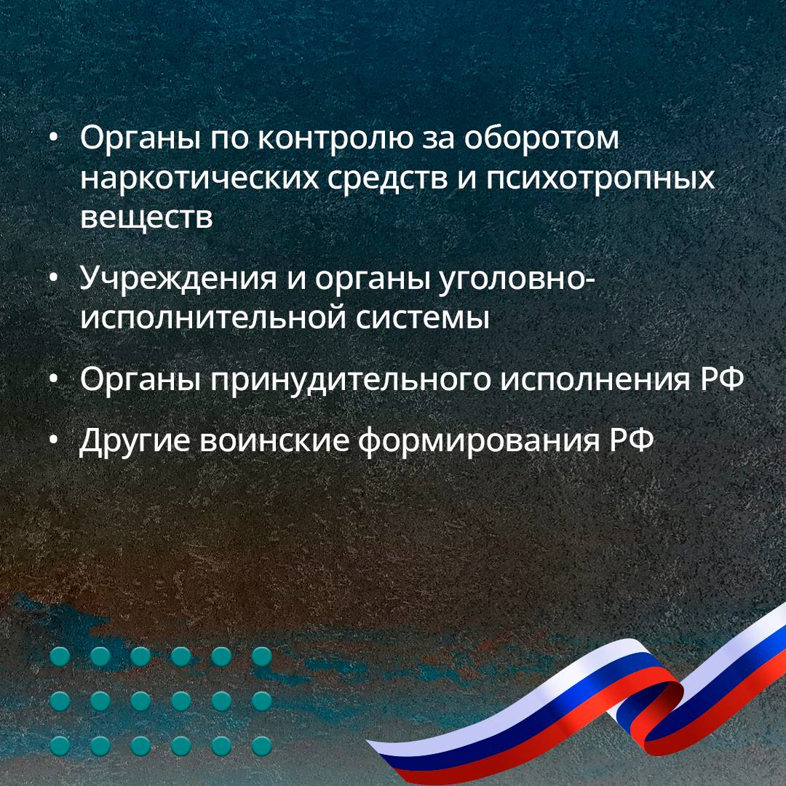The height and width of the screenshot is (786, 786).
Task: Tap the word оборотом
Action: point(541,138)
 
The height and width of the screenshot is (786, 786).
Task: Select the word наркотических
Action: point(199,178)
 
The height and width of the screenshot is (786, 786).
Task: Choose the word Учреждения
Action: point(178,279)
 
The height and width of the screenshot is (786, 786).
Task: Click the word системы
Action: point(423,319)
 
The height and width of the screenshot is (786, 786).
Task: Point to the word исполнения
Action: point(595,379)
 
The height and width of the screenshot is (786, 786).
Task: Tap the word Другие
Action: point(135,441)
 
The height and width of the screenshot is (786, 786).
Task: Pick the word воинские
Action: point(274,440)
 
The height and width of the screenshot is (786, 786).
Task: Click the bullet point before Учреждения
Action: point(54,279)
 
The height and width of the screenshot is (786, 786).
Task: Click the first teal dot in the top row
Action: point(60,656)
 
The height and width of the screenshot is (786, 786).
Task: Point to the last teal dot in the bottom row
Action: point(262,746)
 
